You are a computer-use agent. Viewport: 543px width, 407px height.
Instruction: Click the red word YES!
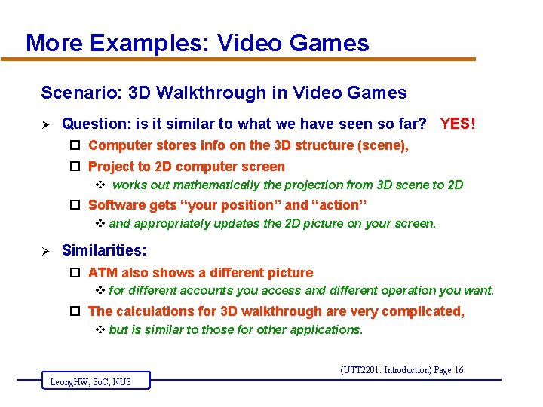click(458, 123)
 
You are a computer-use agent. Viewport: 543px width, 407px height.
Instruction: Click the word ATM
click(103, 273)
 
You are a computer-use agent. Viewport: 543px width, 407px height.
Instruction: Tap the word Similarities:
click(104, 249)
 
